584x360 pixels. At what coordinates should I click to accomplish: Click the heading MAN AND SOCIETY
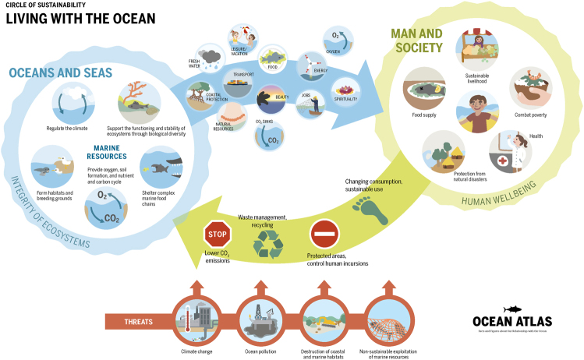(x=416, y=42)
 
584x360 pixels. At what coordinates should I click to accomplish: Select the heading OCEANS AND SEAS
(x=62, y=73)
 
